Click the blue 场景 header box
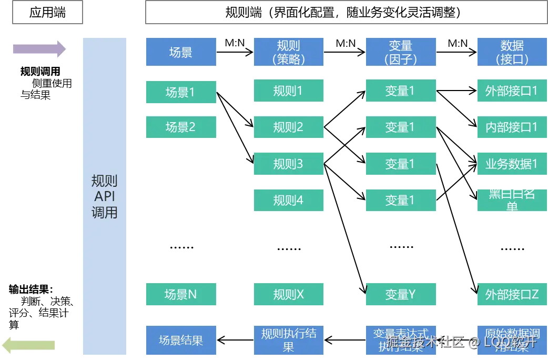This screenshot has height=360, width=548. [x=181, y=52]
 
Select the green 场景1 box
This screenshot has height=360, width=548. [x=181, y=92]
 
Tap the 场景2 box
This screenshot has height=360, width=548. [x=181, y=127]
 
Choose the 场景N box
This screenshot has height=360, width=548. [x=181, y=294]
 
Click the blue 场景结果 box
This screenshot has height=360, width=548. [x=181, y=341]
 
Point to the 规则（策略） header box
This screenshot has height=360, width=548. [x=290, y=52]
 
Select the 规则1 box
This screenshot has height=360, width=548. [x=290, y=91]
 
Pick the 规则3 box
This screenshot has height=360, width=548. [x=290, y=164]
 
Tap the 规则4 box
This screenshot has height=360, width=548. [x=290, y=200]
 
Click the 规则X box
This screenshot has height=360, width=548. [x=290, y=294]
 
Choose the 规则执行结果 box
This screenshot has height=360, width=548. [x=290, y=340]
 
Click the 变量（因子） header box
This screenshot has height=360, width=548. [x=400, y=52]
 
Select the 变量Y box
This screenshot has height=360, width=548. [x=400, y=294]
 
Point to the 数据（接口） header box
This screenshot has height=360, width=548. [x=512, y=52]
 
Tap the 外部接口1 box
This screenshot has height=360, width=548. [x=512, y=91]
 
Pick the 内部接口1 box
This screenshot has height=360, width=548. [x=512, y=127]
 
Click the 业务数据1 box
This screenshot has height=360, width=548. [x=512, y=164]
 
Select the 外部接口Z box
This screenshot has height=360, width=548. [x=512, y=294]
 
